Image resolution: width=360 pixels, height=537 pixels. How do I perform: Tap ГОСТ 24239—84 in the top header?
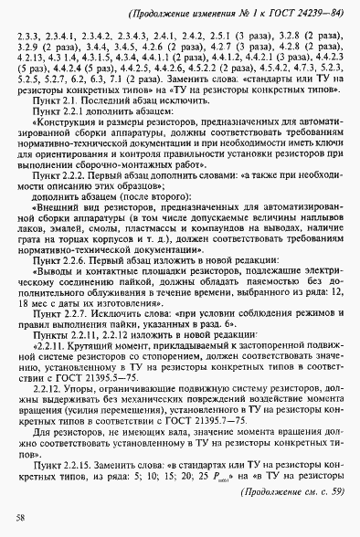coord(294,13)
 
